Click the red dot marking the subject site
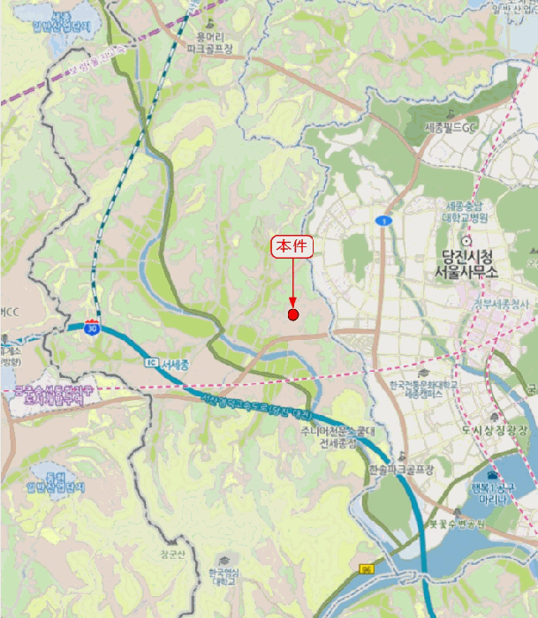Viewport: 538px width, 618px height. click(x=293, y=314)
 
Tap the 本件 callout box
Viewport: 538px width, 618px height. click(x=292, y=247)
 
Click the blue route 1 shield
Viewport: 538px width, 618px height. click(x=383, y=220)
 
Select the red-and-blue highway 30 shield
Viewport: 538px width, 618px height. click(x=92, y=328)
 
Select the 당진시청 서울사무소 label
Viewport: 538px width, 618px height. click(x=466, y=264)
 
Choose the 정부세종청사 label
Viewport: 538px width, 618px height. click(x=500, y=305)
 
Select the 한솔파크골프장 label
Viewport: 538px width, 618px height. click(x=403, y=470)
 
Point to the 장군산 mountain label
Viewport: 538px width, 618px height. click(x=171, y=554)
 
